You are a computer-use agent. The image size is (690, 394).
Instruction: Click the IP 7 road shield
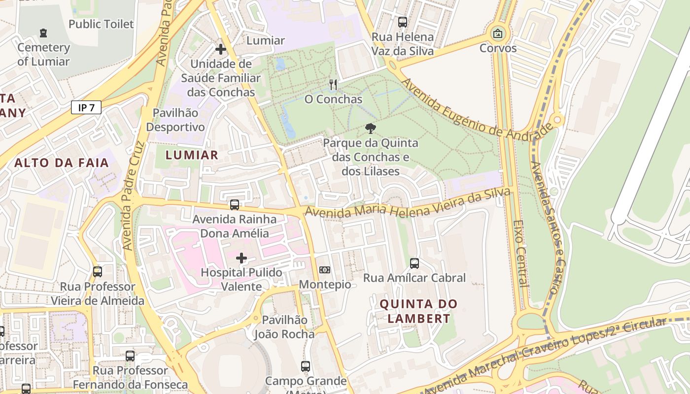(86, 107)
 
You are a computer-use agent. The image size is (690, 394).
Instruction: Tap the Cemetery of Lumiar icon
(43, 33)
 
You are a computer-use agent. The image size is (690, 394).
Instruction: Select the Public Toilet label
(101, 24)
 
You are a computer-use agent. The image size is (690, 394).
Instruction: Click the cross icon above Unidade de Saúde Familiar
(221, 49)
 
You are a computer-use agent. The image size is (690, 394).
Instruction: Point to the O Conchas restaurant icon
(333, 85)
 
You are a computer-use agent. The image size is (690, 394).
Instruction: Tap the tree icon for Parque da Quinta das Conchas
(370, 129)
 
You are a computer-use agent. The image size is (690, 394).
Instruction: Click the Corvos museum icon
(498, 34)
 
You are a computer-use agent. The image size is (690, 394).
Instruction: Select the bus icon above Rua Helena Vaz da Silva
(403, 22)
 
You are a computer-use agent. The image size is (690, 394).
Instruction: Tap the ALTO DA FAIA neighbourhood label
(62, 163)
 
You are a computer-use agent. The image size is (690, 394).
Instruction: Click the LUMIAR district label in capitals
(192, 155)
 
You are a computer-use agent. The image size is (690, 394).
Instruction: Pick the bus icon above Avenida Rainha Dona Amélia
(235, 205)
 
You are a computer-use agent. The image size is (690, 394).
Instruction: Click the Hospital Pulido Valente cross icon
(241, 258)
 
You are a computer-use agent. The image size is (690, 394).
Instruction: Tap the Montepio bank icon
(325, 270)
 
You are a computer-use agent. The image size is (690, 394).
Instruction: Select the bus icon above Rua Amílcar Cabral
(414, 263)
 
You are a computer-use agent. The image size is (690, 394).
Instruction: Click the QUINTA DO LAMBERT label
(418, 311)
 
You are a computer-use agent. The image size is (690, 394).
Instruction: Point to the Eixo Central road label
(521, 253)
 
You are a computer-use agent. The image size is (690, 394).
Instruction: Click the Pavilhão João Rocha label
(284, 327)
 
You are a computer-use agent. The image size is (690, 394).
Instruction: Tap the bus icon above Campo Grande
(306, 366)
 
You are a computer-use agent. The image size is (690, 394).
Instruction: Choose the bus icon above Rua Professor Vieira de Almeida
(98, 272)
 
